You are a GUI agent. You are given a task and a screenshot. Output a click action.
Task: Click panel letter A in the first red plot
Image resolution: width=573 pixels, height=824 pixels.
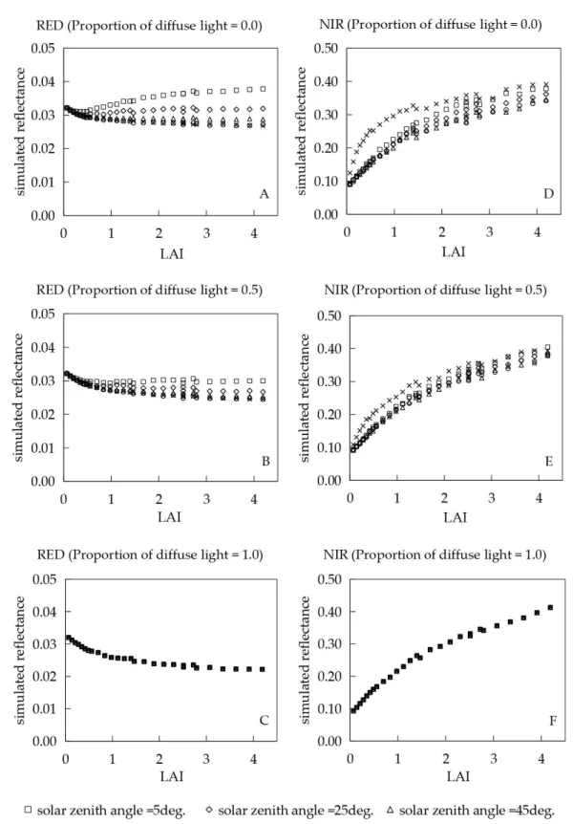[265, 194]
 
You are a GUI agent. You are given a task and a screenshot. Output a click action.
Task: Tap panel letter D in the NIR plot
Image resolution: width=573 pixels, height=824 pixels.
[548, 194]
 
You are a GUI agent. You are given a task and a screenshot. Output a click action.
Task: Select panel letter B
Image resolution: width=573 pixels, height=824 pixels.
[265, 461]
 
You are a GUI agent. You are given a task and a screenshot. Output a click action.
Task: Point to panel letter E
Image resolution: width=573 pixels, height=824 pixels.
[549, 461]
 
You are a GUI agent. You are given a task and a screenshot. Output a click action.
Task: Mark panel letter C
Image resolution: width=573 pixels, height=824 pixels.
[265, 720]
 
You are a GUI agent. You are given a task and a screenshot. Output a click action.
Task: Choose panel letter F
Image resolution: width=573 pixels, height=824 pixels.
[553, 721]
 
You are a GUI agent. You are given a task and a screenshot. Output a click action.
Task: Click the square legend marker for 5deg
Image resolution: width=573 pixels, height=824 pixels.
[29, 810]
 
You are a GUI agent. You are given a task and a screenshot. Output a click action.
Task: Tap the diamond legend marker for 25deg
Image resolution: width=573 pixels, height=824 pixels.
[209, 810]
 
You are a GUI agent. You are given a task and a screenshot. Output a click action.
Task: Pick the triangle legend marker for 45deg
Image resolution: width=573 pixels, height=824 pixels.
[390, 810]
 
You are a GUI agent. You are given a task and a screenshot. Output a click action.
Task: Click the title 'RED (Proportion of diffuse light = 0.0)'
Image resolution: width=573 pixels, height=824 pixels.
[149, 25]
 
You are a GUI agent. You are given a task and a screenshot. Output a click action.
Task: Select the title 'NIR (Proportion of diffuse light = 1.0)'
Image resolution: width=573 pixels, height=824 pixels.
[435, 554]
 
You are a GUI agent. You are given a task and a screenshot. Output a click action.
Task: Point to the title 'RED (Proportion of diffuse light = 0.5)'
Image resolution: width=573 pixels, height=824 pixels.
[149, 290]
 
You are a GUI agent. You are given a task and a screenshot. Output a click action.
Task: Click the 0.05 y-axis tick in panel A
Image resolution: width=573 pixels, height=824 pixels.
[43, 49]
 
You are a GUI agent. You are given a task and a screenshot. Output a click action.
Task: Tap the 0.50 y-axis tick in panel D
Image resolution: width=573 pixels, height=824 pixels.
[326, 49]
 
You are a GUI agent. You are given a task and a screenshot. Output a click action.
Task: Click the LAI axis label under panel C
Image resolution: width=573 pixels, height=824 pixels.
[172, 776]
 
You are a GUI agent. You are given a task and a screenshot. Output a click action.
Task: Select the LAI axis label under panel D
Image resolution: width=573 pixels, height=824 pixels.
[454, 251]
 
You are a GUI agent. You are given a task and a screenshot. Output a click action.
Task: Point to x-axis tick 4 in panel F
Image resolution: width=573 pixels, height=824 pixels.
[541, 758]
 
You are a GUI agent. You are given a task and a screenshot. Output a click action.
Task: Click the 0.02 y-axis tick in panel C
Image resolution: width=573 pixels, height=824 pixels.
[44, 677]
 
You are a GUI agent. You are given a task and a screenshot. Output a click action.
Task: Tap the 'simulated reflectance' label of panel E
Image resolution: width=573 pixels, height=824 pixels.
[305, 398]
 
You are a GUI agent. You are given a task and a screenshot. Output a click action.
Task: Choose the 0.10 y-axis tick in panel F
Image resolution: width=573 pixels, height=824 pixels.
[329, 709]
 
